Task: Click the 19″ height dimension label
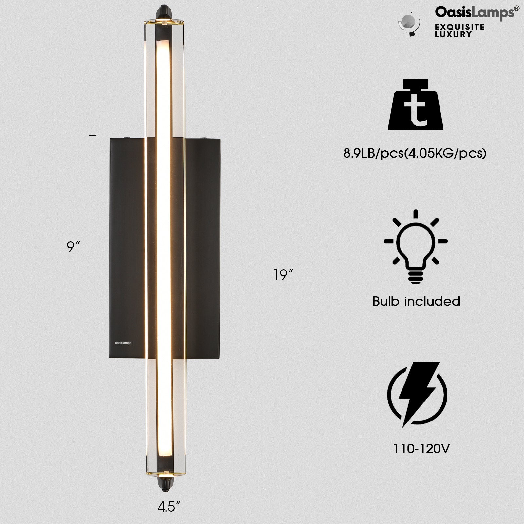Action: pyautogui.click(x=283, y=274)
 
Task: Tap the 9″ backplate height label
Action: pyautogui.click(x=73, y=246)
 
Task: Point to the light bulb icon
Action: pyautogui.click(x=416, y=246)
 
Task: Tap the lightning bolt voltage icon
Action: pyautogui.click(x=417, y=394)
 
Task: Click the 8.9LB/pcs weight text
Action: pyautogui.click(x=415, y=153)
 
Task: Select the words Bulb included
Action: pyautogui.click(x=416, y=301)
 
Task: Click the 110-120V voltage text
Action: pyautogui.click(x=421, y=448)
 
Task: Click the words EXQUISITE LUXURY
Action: pyautogui.click(x=459, y=30)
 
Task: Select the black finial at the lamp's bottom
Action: pyautogui.click(x=165, y=482)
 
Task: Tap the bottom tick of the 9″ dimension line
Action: pyautogui.click(x=92, y=361)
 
